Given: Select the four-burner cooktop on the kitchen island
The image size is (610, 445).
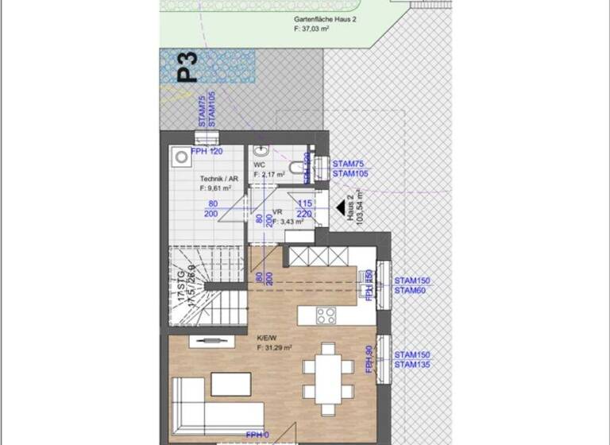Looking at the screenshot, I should [x=326, y=315].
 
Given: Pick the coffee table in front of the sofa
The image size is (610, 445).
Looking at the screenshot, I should [x=234, y=385].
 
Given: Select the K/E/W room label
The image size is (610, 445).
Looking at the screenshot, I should [x=274, y=342].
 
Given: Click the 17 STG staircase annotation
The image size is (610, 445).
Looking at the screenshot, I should [x=186, y=292].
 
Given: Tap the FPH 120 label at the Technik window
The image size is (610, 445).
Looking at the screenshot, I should [x=207, y=151].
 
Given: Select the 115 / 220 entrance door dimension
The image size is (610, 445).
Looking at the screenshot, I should [x=307, y=209].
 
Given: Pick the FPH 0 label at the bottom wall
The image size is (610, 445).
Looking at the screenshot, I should [x=258, y=435].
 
